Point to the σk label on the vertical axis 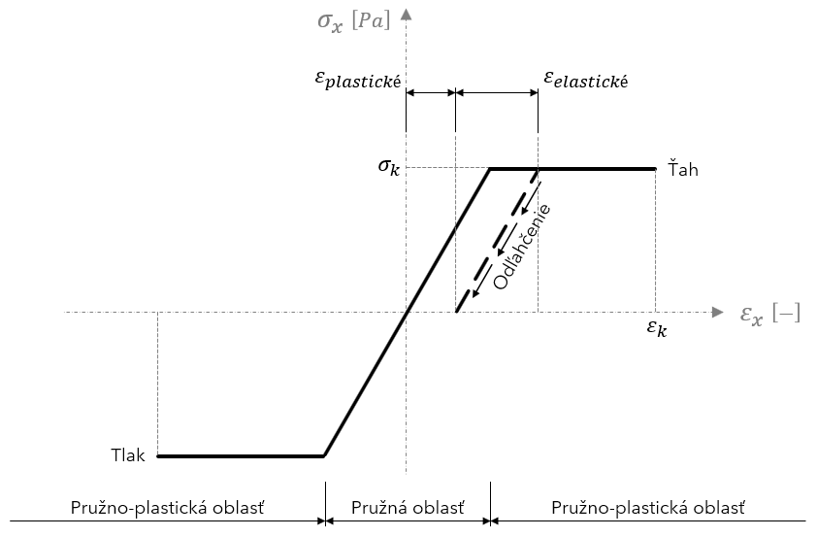click(x=389, y=166)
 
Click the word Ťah click(x=683, y=170)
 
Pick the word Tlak click(x=128, y=455)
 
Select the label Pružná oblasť click(x=407, y=507)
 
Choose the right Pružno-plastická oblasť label click(x=647, y=507)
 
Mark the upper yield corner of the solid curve click(x=489, y=169)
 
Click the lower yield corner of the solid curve click(x=324, y=455)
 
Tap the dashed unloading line click(x=496, y=243)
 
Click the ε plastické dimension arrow click(x=431, y=93)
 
